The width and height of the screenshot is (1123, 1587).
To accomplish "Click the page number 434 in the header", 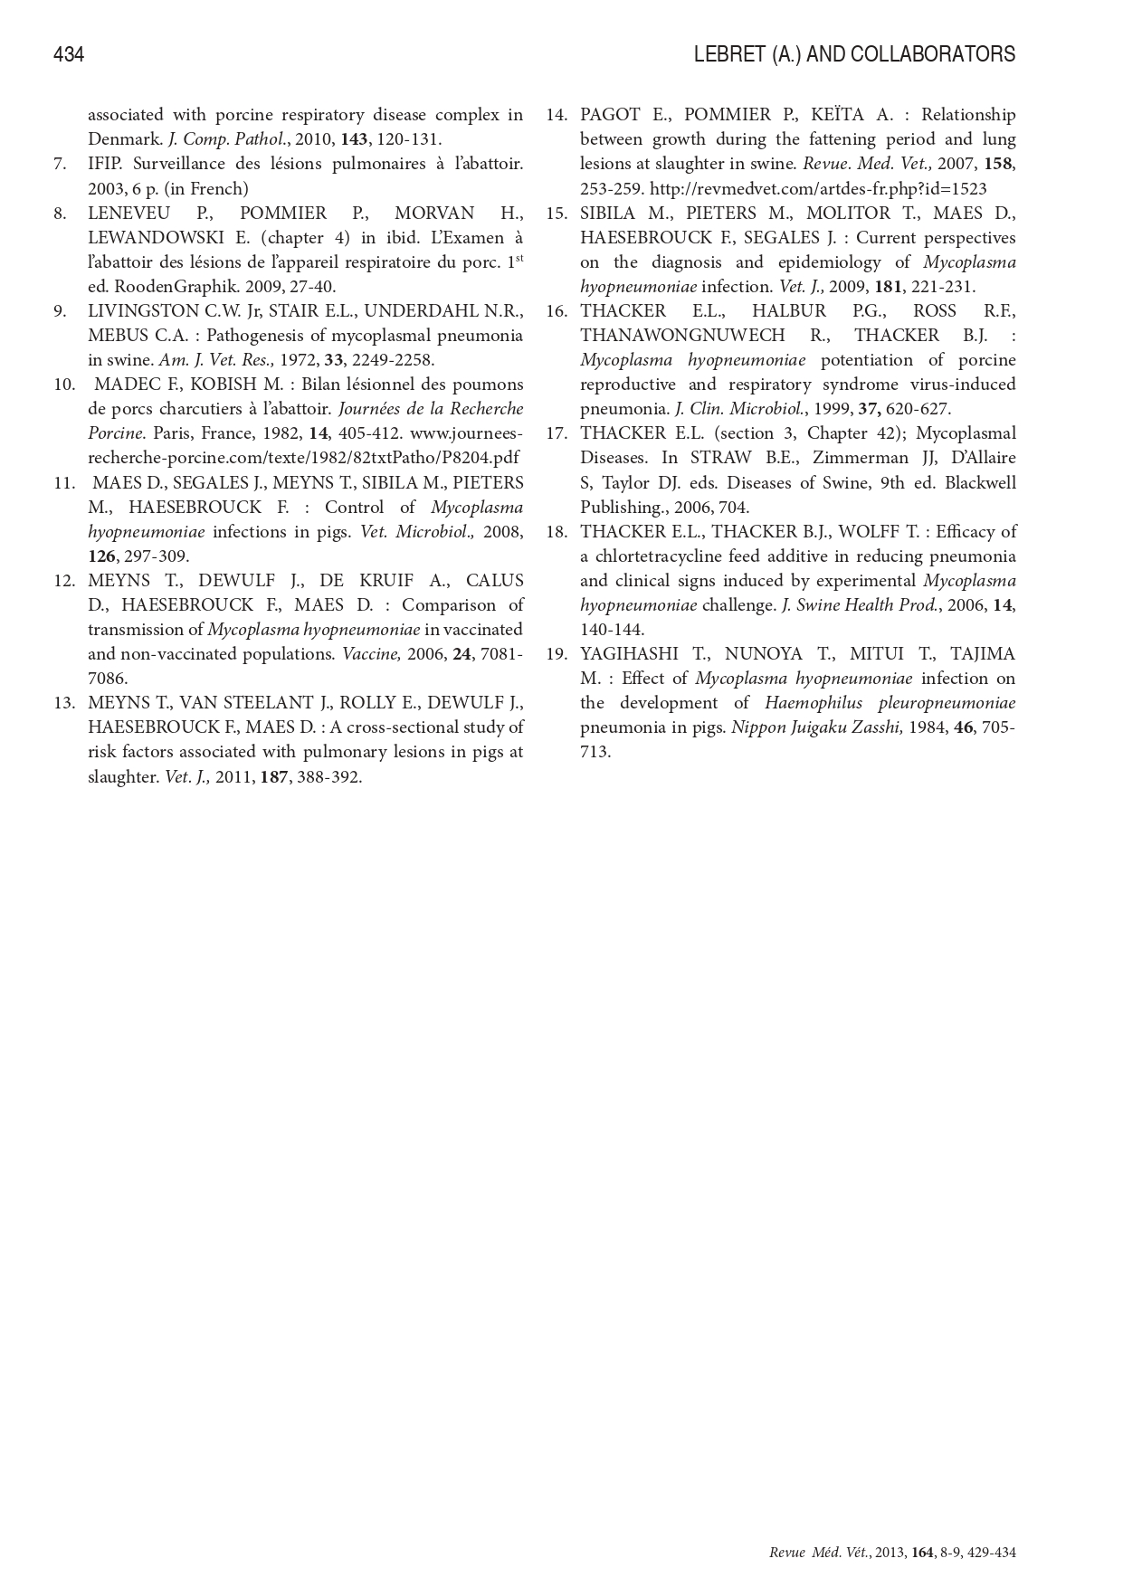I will coord(69,55).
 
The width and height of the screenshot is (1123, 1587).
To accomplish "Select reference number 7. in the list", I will coord(60,164).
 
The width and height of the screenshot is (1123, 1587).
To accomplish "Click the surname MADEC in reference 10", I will coord(125,384).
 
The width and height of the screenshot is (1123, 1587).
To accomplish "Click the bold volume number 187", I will coord(273,776).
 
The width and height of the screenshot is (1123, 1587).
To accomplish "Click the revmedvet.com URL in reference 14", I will coord(818,188).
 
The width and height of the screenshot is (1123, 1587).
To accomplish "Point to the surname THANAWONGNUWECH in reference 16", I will coord(682,335).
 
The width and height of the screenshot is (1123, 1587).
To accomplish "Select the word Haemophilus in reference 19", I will coord(812,702).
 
